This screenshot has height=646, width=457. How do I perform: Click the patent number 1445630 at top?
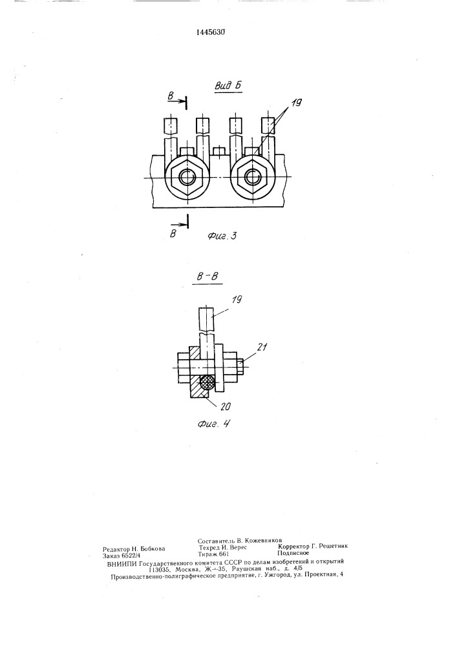210,32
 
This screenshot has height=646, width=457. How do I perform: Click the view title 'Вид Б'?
228,85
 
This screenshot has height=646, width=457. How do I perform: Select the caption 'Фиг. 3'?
222,236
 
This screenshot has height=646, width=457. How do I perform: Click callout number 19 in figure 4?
235,300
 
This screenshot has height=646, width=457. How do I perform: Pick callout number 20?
224,406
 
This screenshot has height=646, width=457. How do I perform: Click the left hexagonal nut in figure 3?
187,177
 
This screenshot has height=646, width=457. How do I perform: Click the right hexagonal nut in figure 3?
251,177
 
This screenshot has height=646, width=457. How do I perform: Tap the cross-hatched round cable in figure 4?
207,383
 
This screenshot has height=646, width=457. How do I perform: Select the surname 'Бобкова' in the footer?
153,548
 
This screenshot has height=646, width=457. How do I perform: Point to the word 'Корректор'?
294,547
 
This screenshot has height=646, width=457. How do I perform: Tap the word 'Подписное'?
293,554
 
